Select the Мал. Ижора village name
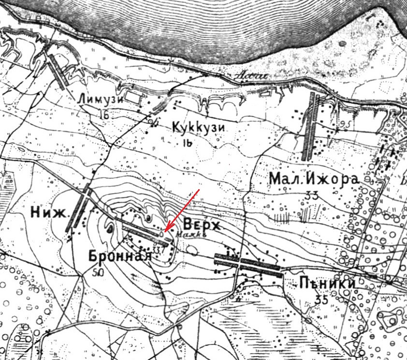click(x=314, y=179)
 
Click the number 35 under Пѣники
click(x=321, y=300)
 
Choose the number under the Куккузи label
click(x=188, y=142)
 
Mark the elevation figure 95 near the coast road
click(x=345, y=124)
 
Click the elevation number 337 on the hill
click(x=159, y=250)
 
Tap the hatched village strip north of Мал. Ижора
click(x=310, y=127)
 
